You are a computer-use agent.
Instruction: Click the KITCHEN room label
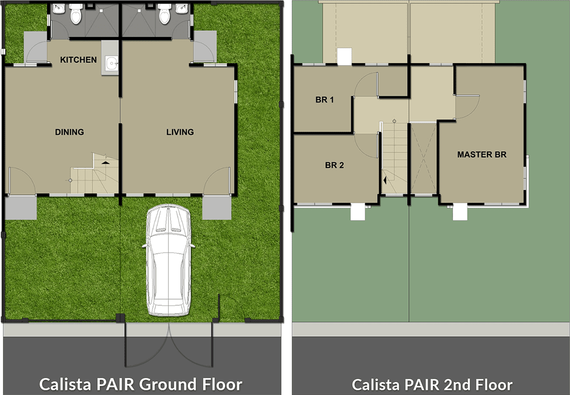[x=78, y=60]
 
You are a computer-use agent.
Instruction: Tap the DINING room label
[x=69, y=132]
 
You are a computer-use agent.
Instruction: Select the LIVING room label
[x=180, y=132]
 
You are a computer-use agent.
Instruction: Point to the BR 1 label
[x=325, y=100]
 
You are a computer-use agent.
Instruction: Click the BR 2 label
[x=335, y=165]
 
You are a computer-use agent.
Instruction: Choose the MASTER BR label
[x=482, y=155]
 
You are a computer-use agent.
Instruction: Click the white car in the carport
[x=168, y=262]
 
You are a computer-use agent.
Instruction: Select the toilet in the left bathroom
[x=76, y=14]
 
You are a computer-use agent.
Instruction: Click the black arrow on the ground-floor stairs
[x=106, y=161]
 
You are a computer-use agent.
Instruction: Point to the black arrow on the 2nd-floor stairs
[x=385, y=180]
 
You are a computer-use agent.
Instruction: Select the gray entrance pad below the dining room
[x=21, y=207]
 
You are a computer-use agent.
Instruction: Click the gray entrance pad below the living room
[x=217, y=207]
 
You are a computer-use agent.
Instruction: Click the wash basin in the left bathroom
[x=59, y=9]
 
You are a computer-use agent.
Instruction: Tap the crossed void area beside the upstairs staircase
[x=423, y=158]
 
